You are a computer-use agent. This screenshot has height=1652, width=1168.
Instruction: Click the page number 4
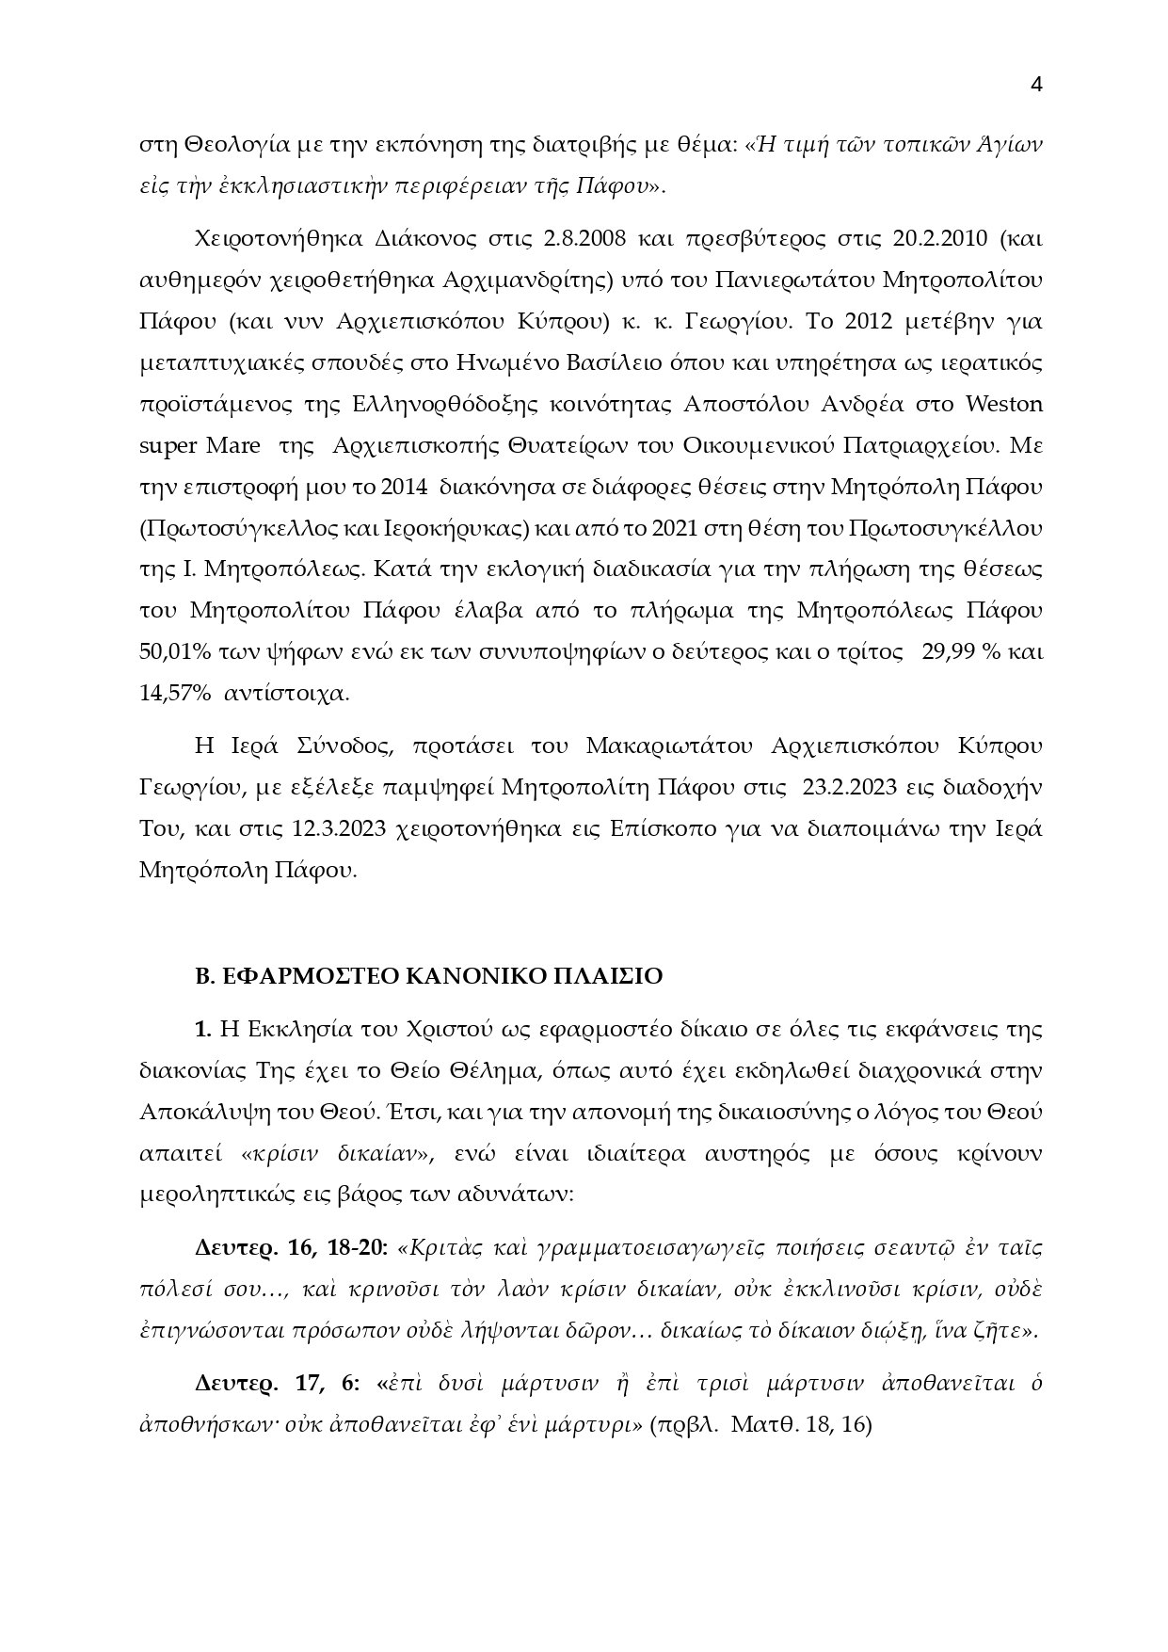pyautogui.click(x=1036, y=85)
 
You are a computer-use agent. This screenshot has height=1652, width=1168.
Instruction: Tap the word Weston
pyautogui.click(x=1004, y=404)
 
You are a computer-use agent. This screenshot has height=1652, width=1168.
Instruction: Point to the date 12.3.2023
pyautogui.click(x=341, y=828)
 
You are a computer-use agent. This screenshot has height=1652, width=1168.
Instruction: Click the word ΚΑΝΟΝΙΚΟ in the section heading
pyautogui.click(x=469, y=976)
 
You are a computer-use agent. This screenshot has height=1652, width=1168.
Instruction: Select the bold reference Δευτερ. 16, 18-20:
pyautogui.click(x=291, y=1247)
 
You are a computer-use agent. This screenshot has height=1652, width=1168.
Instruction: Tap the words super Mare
pyautogui.click(x=200, y=445)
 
